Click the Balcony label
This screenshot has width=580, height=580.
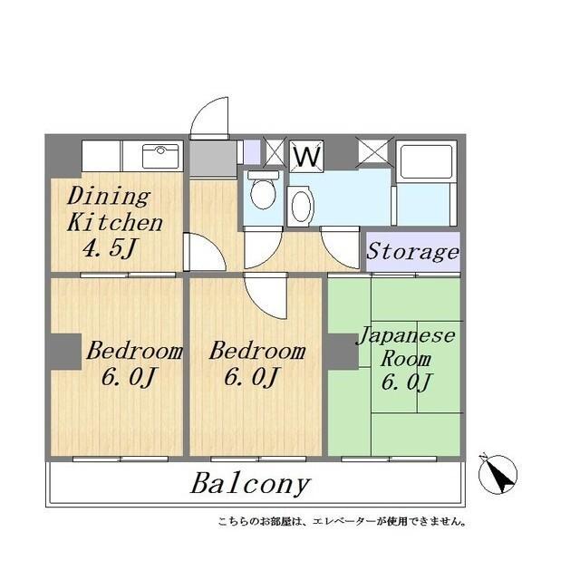(250, 483)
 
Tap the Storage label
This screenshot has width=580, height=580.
(413, 251)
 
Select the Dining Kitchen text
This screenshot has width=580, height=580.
(115, 209)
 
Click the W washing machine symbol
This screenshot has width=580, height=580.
(307, 156)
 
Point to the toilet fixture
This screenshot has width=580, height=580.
(264, 191)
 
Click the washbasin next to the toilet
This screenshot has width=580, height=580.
(301, 206)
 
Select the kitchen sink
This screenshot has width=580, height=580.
(159, 155)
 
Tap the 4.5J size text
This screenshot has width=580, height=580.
(104, 247)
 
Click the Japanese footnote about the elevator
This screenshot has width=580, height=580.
(343, 521)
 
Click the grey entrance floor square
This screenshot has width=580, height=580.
(209, 158)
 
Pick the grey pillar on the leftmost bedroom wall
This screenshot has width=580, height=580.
(64, 352)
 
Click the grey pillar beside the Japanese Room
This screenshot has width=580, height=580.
(341, 352)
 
